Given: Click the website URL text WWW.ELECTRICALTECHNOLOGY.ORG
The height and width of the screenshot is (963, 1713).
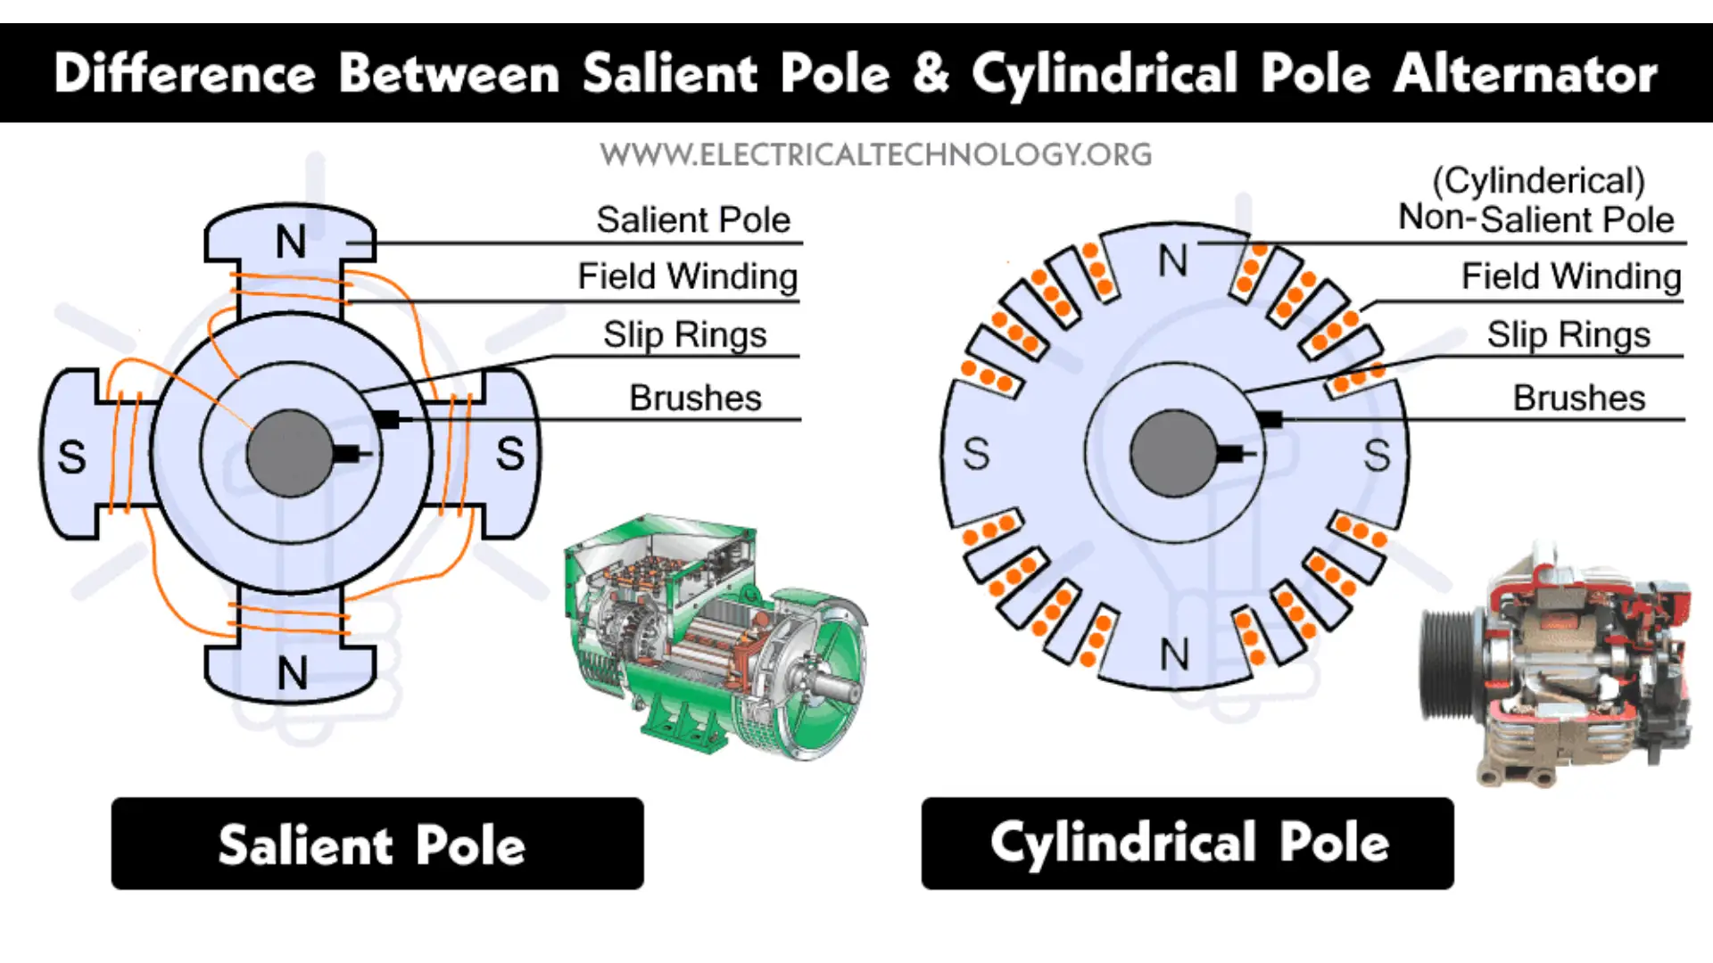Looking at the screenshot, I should click(875, 155).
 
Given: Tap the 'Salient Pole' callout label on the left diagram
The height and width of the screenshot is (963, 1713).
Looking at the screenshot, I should click(693, 219).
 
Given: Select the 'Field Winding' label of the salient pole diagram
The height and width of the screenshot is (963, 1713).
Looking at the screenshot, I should click(687, 276).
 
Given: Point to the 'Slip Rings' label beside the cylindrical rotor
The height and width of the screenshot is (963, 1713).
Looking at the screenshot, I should click(1568, 335).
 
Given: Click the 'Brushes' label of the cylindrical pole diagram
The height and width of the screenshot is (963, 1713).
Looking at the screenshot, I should click(1578, 398).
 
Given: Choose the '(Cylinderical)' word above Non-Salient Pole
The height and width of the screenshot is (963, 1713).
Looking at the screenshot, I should click(1538, 181).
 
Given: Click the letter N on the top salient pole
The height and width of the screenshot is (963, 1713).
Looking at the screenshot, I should click(291, 242).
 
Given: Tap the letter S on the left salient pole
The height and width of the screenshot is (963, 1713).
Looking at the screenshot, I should click(71, 457).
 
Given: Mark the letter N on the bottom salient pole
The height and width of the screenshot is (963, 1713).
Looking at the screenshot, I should click(293, 673).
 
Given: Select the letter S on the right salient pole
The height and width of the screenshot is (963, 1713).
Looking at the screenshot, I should click(510, 454).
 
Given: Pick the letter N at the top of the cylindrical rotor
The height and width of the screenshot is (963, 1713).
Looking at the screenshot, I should click(1172, 261).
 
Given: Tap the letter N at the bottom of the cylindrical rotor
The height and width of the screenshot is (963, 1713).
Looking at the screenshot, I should click(1174, 655).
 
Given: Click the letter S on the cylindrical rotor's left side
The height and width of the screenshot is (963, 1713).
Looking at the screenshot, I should click(976, 454).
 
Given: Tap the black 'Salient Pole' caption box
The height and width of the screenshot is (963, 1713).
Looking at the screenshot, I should click(377, 844).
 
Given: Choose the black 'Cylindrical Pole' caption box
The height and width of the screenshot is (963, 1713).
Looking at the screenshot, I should click(1187, 844).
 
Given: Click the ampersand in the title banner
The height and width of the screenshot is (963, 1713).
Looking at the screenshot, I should click(931, 73).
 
